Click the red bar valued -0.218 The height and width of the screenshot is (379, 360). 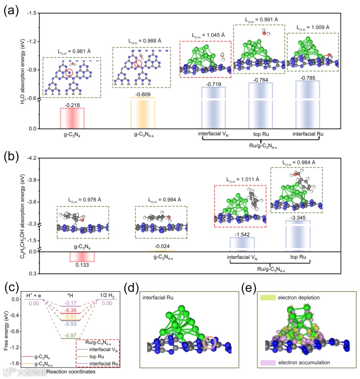(x=72, y=118)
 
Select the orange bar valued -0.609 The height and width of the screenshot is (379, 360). (x=143, y=113)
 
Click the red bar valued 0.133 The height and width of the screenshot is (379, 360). (x=82, y=257)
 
